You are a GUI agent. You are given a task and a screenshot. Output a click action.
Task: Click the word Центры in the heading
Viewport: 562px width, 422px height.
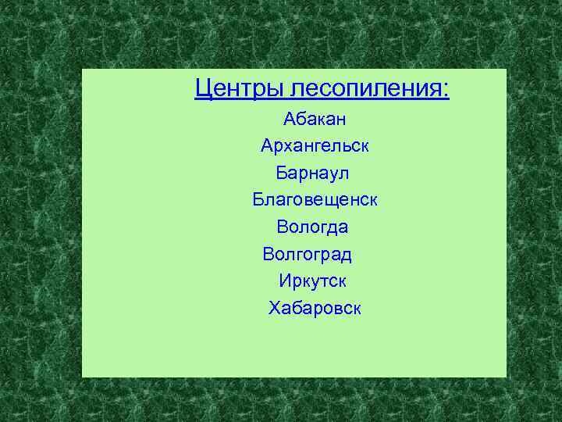point(240,88)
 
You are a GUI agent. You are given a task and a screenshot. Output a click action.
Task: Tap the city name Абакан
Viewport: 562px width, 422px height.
point(315,120)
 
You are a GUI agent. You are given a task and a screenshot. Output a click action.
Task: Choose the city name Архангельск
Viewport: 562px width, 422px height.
point(315,146)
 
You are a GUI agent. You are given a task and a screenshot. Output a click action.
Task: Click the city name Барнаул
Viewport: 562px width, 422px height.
point(312,173)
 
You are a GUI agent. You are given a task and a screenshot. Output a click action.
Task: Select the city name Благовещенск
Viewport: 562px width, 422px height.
point(315,200)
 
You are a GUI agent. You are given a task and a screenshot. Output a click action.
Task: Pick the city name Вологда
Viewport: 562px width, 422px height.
point(312,227)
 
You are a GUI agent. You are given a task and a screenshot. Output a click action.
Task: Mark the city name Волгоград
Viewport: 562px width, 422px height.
point(308,254)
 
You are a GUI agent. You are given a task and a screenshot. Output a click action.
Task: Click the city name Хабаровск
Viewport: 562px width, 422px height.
point(315,308)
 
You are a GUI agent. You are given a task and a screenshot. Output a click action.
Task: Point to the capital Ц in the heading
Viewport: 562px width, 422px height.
point(203,88)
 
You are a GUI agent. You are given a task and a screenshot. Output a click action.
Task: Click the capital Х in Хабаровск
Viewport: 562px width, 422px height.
point(274,308)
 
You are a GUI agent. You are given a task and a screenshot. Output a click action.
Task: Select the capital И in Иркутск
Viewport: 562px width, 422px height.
point(284,281)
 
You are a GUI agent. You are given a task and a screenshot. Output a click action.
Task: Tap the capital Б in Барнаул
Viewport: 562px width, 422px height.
point(282,173)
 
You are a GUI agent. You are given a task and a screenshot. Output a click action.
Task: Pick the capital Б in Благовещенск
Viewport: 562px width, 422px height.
point(258,200)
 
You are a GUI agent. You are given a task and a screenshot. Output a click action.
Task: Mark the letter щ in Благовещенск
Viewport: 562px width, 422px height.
point(333,201)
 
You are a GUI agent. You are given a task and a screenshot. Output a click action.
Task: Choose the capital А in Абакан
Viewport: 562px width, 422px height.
point(290,120)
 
